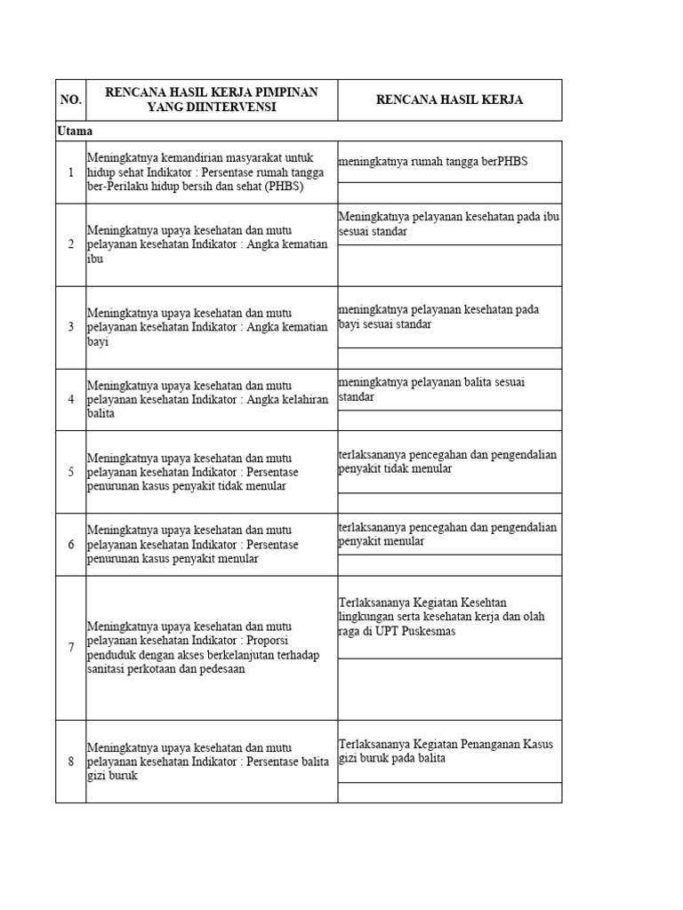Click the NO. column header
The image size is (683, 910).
click(x=70, y=100)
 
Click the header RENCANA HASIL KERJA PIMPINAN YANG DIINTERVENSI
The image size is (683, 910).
click(x=212, y=100)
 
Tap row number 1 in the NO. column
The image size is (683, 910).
click(x=71, y=172)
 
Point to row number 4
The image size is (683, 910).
click(x=71, y=400)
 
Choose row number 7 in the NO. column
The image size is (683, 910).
click(x=71, y=648)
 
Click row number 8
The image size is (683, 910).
click(x=71, y=762)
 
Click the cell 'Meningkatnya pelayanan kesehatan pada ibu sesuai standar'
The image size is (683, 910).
click(x=448, y=224)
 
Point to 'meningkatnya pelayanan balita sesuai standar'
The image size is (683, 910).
click(x=432, y=389)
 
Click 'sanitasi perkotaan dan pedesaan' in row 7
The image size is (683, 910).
click(x=165, y=669)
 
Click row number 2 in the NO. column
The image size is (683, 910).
click(x=71, y=244)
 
